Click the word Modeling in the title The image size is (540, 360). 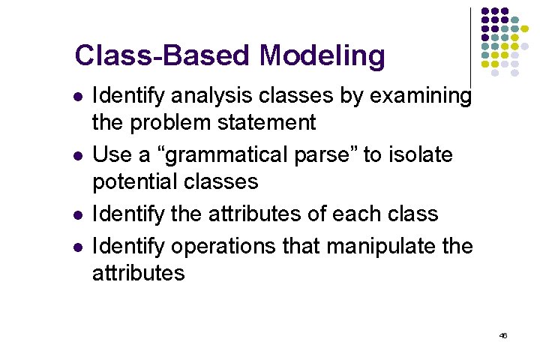pyautogui.click(x=322, y=55)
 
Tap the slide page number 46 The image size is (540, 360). pyautogui.click(x=503, y=335)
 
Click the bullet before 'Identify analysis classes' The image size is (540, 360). pyautogui.click(x=77, y=97)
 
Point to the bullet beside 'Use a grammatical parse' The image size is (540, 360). pyautogui.click(x=77, y=156)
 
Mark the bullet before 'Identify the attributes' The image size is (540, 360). pyautogui.click(x=77, y=214)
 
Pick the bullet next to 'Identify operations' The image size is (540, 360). pyautogui.click(x=77, y=246)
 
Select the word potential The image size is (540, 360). pyautogui.click(x=133, y=181)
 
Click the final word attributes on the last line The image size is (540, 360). pyautogui.click(x=138, y=272)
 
